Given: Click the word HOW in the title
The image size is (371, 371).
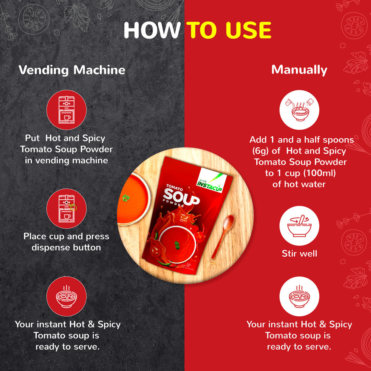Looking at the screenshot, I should (x=151, y=30).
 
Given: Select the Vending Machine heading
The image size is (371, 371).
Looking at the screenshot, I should (x=72, y=70).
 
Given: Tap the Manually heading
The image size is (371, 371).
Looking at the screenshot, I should (x=299, y=70).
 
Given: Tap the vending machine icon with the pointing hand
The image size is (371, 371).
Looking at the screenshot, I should (x=66, y=208).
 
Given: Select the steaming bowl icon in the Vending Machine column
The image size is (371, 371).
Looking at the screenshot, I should (x=66, y=296).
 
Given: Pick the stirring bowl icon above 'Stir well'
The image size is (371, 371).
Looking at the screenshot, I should (x=299, y=226).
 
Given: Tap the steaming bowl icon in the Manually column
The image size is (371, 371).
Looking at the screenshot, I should (x=299, y=296).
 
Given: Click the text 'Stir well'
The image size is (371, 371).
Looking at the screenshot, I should (x=299, y=254).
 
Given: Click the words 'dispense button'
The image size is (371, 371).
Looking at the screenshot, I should (x=66, y=248).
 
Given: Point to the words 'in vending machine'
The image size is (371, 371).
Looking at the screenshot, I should (x=66, y=160).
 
